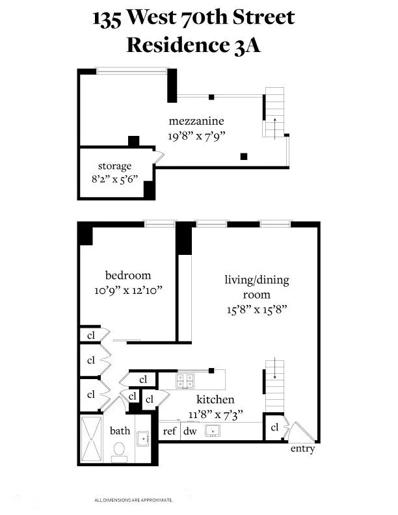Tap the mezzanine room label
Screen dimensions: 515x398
click(196, 121)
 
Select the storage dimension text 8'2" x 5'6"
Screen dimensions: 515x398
click(114, 179)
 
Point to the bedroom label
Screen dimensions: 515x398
click(127, 275)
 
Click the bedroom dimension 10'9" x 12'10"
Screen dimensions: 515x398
click(127, 290)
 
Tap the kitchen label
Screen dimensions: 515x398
click(215, 399)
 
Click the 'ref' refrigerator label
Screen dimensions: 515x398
click(170, 430)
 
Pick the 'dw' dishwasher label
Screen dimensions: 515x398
click(189, 430)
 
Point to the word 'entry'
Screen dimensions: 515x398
click(303, 449)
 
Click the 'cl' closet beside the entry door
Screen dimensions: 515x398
click(274, 428)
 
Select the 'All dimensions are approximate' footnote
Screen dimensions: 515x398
click(134, 500)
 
